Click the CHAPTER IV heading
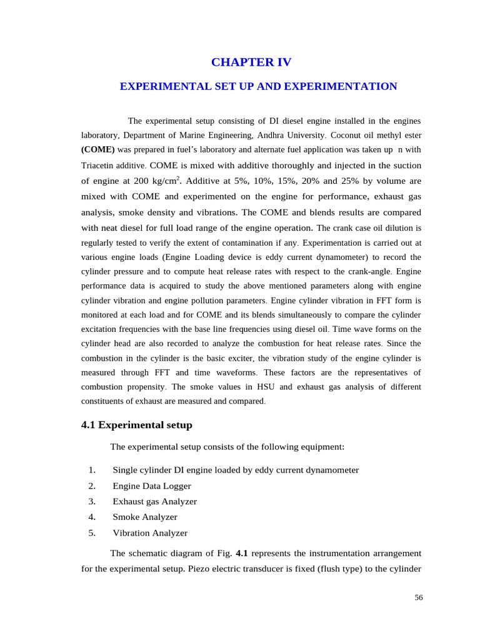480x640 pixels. point(251,62)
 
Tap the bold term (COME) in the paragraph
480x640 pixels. point(98,150)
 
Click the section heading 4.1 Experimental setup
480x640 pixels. point(136,425)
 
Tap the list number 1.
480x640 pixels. point(92,470)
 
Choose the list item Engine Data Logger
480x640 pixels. point(152,486)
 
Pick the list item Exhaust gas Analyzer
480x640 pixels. point(154,501)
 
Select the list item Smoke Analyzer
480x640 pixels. point(145,517)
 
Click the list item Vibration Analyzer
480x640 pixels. point(150,533)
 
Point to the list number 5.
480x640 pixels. point(92,533)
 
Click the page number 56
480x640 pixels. point(418,597)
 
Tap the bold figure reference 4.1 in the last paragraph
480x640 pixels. point(242,553)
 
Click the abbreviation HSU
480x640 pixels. point(254,387)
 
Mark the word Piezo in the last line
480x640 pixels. point(199,569)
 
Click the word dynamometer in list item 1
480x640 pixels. point(332,470)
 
